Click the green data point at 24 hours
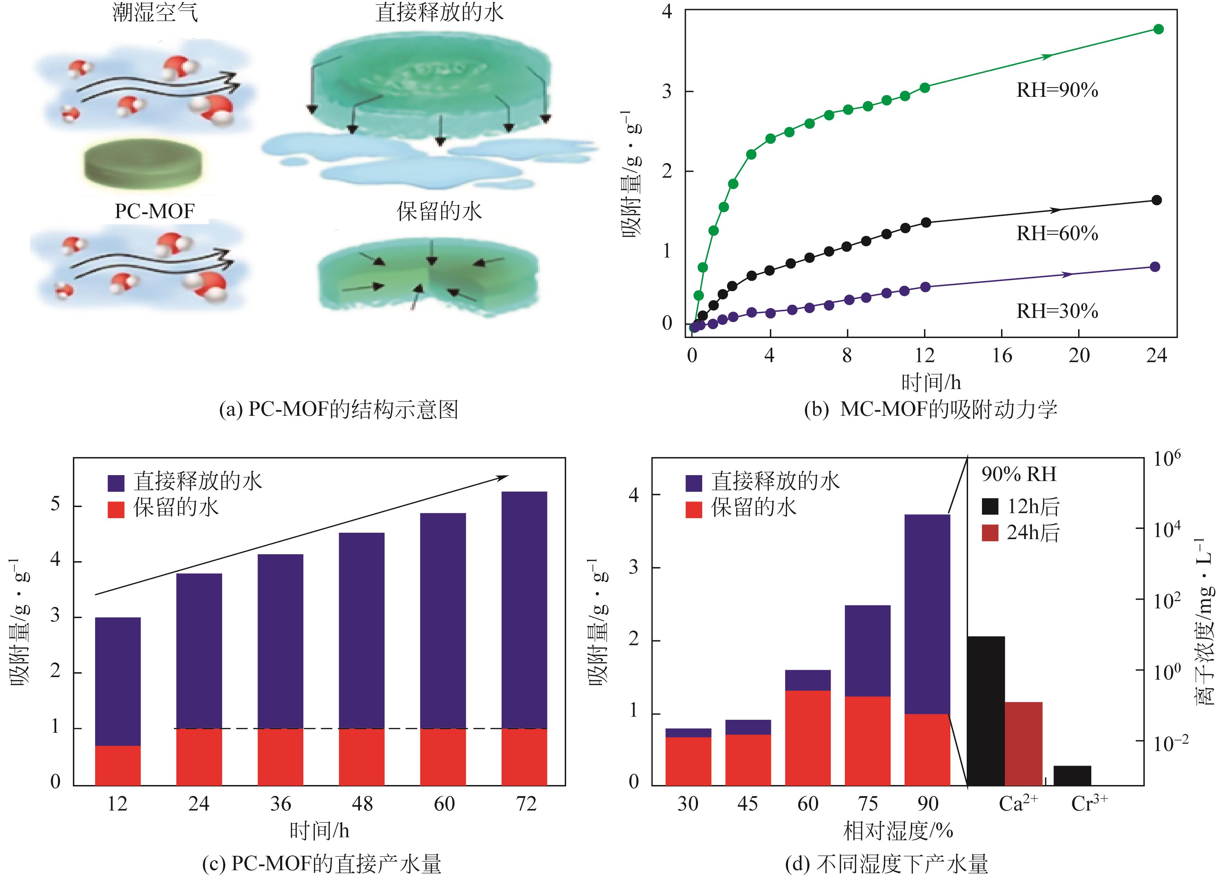(1158, 29)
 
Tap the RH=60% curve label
(1057, 234)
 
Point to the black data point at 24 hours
(1157, 200)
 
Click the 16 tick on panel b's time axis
(1001, 355)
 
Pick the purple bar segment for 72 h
(524, 609)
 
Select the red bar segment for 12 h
(118, 765)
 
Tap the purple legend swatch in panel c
(116, 483)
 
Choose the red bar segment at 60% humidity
(808, 738)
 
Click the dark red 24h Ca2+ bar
(1023, 744)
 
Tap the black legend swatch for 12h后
(990, 506)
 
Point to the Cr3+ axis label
(1089, 803)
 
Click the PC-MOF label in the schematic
(155, 211)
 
